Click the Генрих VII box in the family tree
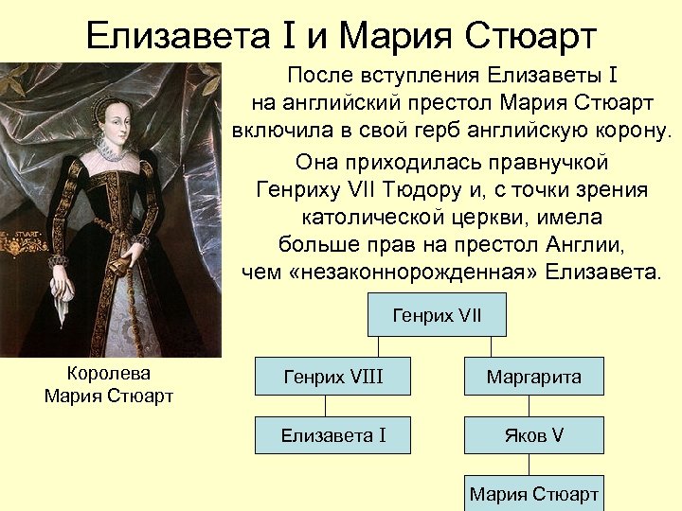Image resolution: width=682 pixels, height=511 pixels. tap(437, 315)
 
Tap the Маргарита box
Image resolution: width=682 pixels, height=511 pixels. tap(533, 378)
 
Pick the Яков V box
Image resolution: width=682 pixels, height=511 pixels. tap(533, 435)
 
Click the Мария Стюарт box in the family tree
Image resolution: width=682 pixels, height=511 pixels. tap(533, 493)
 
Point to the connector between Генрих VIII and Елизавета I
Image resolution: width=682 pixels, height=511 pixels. tap(326, 407)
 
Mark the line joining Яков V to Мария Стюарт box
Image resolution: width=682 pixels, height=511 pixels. tap(533, 465)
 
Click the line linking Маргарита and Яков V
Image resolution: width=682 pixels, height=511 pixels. tap(533, 407)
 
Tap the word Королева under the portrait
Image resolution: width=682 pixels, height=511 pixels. tap(109, 373)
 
